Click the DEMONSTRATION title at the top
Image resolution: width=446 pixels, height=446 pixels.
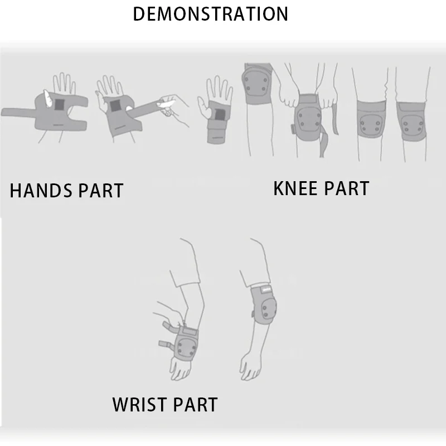pos(211,14)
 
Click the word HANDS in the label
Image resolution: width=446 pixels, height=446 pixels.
pos(42,191)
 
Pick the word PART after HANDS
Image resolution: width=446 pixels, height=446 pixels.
pos(101,191)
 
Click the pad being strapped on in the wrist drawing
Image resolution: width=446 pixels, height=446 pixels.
pos(186,346)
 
